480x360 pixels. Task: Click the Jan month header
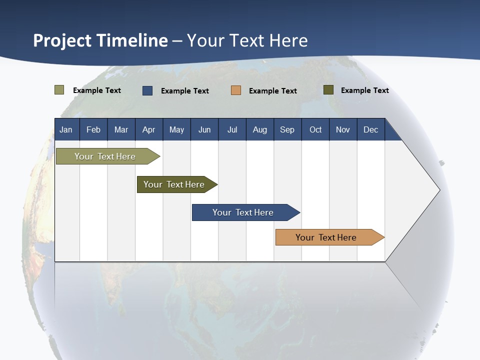pyautogui.click(x=66, y=129)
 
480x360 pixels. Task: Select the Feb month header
pyautogui.click(x=93, y=129)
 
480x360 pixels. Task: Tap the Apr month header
pyautogui.click(x=149, y=129)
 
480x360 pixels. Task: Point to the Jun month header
pyautogui.click(x=204, y=129)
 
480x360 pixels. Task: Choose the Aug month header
pyautogui.click(x=260, y=129)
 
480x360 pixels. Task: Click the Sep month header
pyautogui.click(x=287, y=129)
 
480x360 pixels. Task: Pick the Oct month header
pyautogui.click(x=315, y=129)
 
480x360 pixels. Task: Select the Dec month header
pyautogui.click(x=371, y=129)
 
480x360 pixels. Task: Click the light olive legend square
pyautogui.click(x=59, y=90)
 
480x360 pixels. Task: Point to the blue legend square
pyautogui.click(x=147, y=90)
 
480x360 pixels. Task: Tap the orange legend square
pyautogui.click(x=236, y=90)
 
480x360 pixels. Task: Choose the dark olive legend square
pyautogui.click(x=328, y=90)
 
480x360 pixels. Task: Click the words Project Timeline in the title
pyautogui.click(x=100, y=40)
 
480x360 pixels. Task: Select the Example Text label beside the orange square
pyautogui.click(x=273, y=91)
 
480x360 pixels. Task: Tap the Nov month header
pyautogui.click(x=343, y=129)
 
